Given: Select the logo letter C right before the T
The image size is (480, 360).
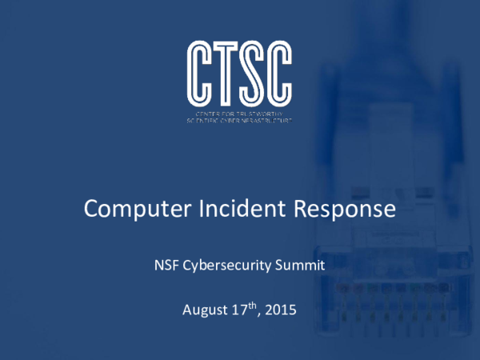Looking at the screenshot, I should click(201, 71).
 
